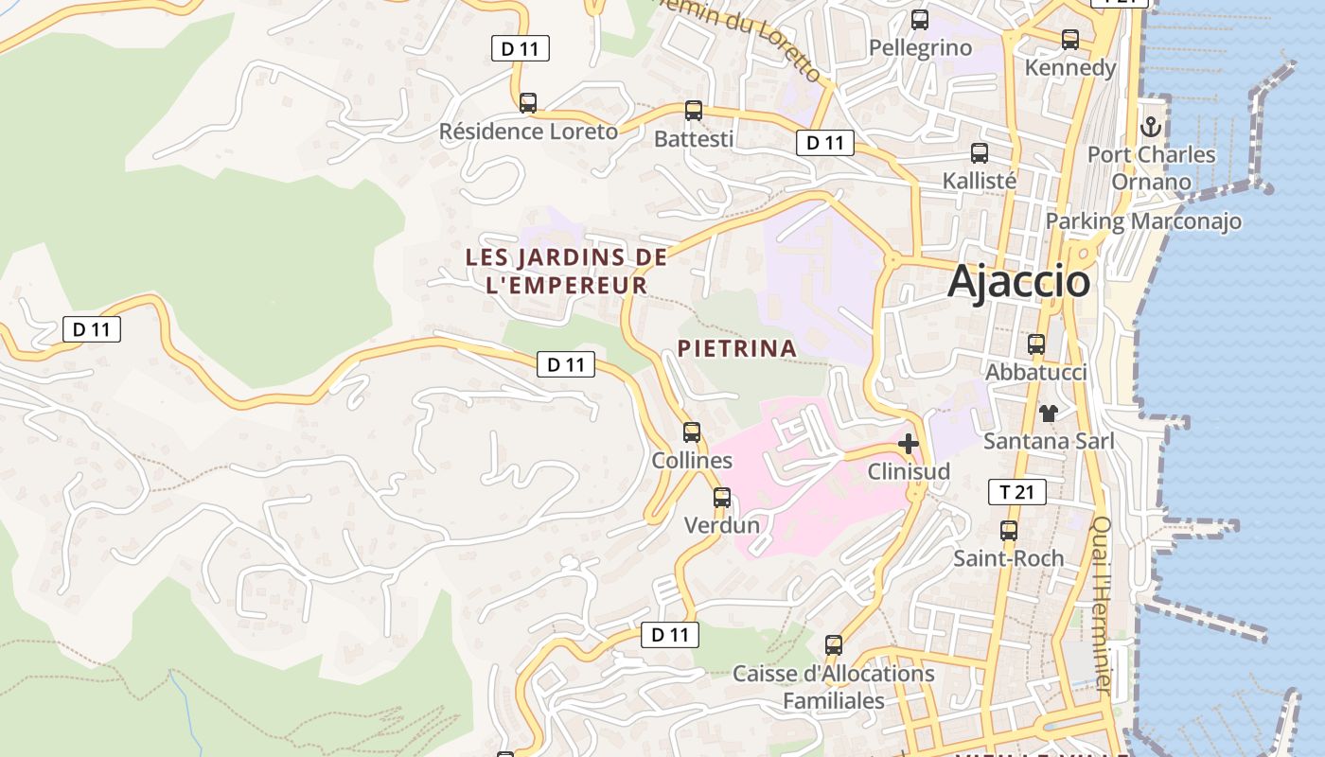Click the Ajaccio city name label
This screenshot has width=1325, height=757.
tap(1018, 281)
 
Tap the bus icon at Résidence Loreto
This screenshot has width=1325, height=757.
tap(528, 102)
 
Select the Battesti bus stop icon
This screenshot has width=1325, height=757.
tap(694, 111)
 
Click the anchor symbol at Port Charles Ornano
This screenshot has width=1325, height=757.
tap(1151, 126)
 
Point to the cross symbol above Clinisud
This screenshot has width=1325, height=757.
tap(909, 443)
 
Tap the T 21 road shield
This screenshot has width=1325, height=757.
tap(1016, 492)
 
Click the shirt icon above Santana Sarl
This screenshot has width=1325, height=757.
tap(1049, 413)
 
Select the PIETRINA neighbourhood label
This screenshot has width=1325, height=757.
tap(737, 348)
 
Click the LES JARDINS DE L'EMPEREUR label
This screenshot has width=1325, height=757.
tap(566, 271)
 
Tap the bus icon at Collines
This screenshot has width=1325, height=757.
tap(692, 432)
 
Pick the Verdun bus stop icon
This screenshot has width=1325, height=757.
tap(722, 497)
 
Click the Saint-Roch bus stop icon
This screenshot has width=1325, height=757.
tap(1009, 530)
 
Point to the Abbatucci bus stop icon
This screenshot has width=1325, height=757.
tap(1036, 344)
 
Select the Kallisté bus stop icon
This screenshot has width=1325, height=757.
tap(980, 152)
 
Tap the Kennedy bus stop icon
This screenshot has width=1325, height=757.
tap(1070, 40)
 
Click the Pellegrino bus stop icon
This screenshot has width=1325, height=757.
tap(919, 19)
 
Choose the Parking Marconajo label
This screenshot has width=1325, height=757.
tap(1143, 221)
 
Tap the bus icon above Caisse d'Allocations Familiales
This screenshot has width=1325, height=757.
tap(834, 645)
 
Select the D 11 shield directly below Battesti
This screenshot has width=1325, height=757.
tap(825, 143)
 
